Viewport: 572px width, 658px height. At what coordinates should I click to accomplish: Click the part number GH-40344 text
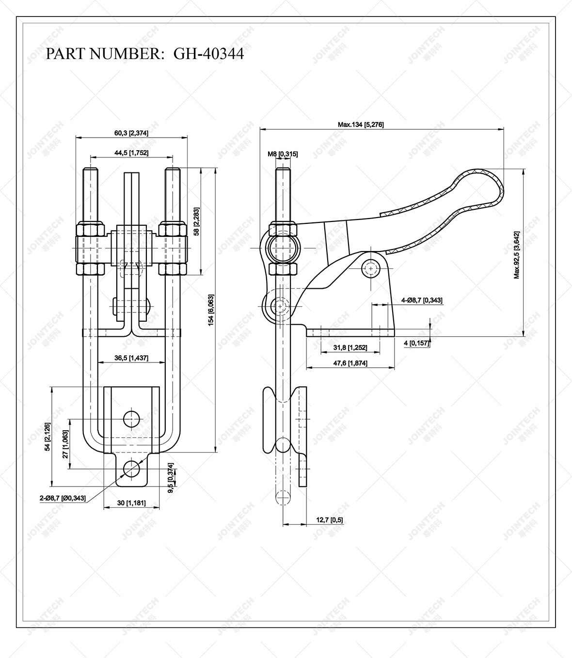pyautogui.click(x=208, y=53)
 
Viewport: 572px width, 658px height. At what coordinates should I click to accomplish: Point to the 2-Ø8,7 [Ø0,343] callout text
pyautogui.click(x=63, y=498)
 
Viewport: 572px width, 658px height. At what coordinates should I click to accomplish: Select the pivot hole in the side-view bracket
pyautogui.click(x=371, y=267)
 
